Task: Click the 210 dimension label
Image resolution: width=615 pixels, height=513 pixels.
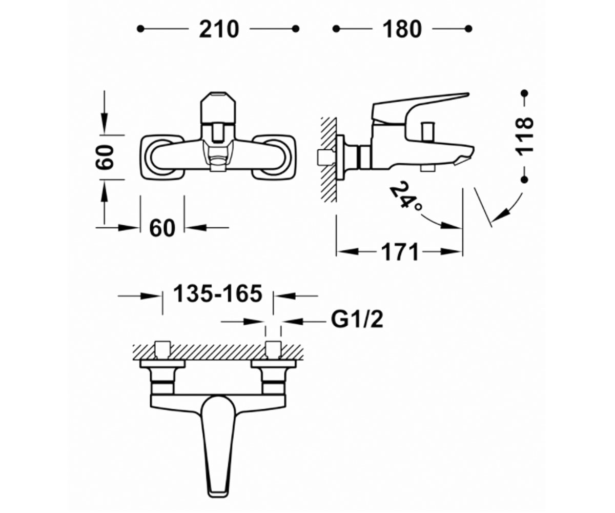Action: tap(219, 29)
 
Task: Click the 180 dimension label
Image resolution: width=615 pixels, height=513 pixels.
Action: tap(402, 29)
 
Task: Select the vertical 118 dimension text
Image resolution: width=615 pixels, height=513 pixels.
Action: tap(525, 135)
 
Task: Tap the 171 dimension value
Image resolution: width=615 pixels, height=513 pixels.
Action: tap(400, 252)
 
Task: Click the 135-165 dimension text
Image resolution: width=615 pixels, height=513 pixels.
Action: tap(218, 293)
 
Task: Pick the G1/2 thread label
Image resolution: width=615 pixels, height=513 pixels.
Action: tap(357, 320)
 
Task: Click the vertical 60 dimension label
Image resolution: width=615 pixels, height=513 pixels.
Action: tap(105, 157)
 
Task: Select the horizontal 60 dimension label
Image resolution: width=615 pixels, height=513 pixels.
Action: tap(162, 228)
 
